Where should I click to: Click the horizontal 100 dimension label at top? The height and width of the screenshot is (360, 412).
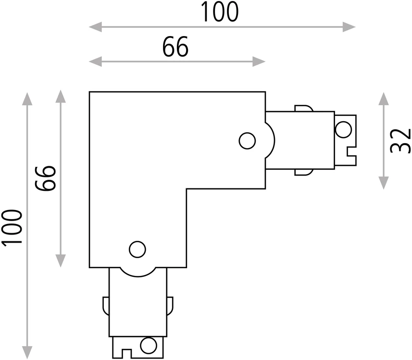click(x=220, y=12)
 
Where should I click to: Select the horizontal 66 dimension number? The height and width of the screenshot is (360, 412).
click(x=175, y=47)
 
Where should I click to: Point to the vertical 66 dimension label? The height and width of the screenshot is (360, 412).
click(x=46, y=178)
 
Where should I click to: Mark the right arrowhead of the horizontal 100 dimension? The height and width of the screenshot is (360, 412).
click(x=349, y=27)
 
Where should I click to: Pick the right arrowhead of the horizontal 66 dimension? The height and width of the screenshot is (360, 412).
click(x=259, y=62)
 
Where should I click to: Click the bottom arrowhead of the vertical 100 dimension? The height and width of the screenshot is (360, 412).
click(x=27, y=352)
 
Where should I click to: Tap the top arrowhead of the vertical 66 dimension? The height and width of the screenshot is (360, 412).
click(x=61, y=97)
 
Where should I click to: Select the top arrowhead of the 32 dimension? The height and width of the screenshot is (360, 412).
click(x=384, y=99)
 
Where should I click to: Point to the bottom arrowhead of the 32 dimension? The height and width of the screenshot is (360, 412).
click(x=384, y=183)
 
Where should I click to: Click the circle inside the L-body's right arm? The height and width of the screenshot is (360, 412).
click(x=247, y=141)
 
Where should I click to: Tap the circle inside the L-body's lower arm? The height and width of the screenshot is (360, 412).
click(x=137, y=249)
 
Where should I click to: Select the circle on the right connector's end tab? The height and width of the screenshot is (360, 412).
click(x=343, y=130)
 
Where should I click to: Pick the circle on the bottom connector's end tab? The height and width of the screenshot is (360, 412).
click(x=149, y=345)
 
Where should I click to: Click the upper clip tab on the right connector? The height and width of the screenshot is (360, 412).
click(x=304, y=108)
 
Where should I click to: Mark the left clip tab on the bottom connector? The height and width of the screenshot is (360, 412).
click(x=106, y=306)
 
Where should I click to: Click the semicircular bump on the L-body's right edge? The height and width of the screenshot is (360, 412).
click(x=270, y=140)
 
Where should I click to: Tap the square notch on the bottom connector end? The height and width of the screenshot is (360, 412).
click(x=126, y=354)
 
